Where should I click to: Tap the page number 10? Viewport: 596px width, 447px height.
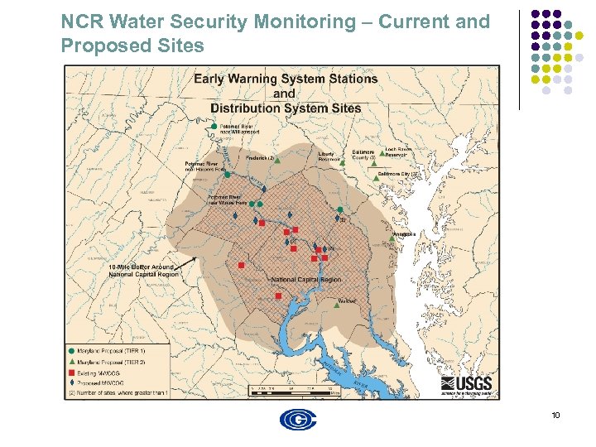(555, 414)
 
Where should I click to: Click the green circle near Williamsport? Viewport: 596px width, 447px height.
(214, 126)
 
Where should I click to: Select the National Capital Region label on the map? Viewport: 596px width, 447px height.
(305, 280)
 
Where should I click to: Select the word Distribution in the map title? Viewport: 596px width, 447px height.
(246, 108)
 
